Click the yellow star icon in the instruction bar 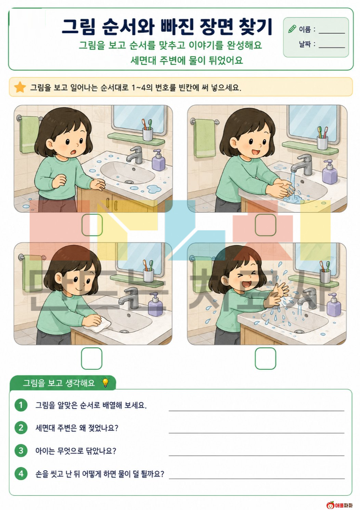pyautogui.click(x=20, y=87)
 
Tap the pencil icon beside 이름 pyautogui.click(x=292, y=29)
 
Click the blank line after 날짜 pyautogui.click(x=332, y=47)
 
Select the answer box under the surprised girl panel pyautogui.click(x=92, y=225)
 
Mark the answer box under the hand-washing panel pyautogui.click(x=265, y=225)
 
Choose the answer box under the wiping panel pyautogui.click(x=91, y=358)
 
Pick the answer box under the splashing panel pyautogui.click(x=265, y=358)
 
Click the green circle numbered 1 pyautogui.click(x=21, y=405)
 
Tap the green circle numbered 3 pyautogui.click(x=21, y=450)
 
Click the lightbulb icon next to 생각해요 pyautogui.click(x=105, y=382)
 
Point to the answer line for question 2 pyautogui.click(x=256, y=433)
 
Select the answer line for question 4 pyautogui.click(x=256, y=478)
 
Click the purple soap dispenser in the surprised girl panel pyautogui.click(x=159, y=160)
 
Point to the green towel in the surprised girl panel pyautogui.click(x=29, y=135)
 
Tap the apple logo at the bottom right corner pyautogui.click(x=331, y=505)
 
